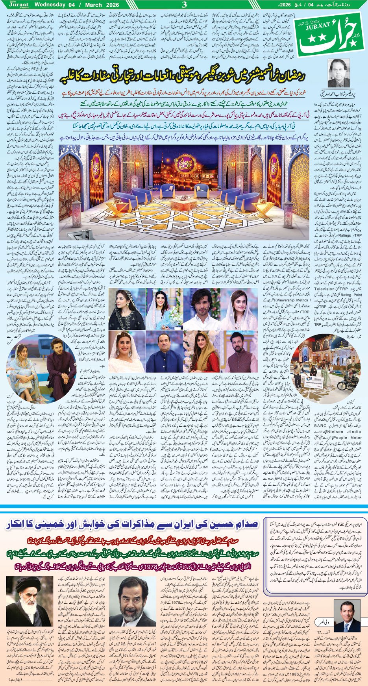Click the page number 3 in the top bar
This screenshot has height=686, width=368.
(184, 5)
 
